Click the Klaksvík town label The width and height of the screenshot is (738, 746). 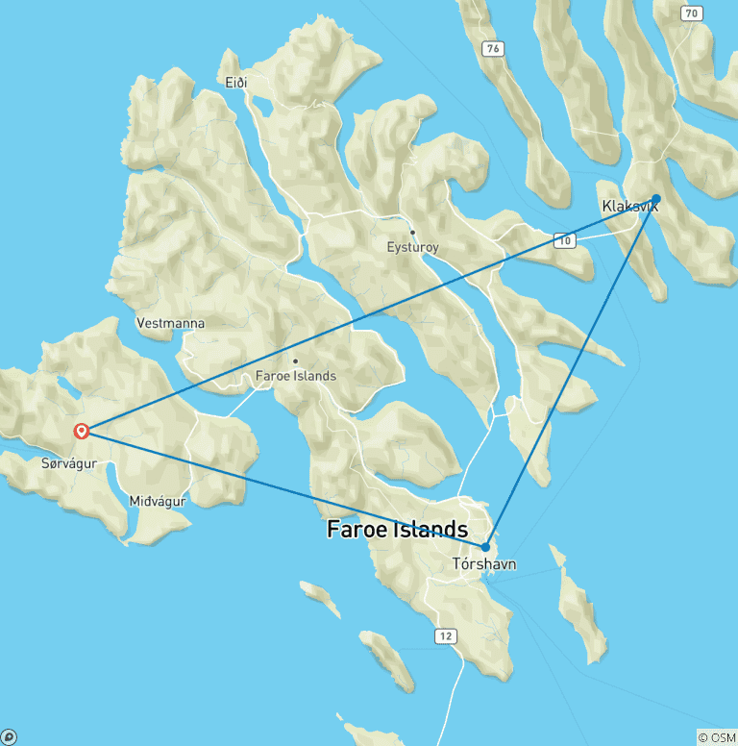629,206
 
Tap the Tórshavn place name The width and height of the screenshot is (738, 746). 483,564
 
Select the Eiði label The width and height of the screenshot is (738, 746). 236,83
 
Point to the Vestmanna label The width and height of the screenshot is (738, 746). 171,324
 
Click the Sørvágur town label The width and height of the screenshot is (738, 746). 70,463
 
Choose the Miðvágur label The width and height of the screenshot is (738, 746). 157,501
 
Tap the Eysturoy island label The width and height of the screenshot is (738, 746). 412,248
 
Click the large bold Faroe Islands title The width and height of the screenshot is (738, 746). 397,530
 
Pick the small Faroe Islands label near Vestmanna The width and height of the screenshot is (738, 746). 296,376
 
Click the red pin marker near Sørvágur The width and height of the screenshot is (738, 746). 82,432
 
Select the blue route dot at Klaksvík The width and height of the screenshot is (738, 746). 656,199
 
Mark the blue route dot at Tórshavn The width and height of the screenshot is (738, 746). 485,547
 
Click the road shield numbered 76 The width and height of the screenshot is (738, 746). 493,48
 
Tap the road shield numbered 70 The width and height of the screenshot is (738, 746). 690,12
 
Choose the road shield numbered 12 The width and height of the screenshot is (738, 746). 444,636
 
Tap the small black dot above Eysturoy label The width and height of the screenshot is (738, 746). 412,232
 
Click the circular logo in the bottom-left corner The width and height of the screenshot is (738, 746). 9,737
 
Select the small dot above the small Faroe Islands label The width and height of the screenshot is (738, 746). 295,361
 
